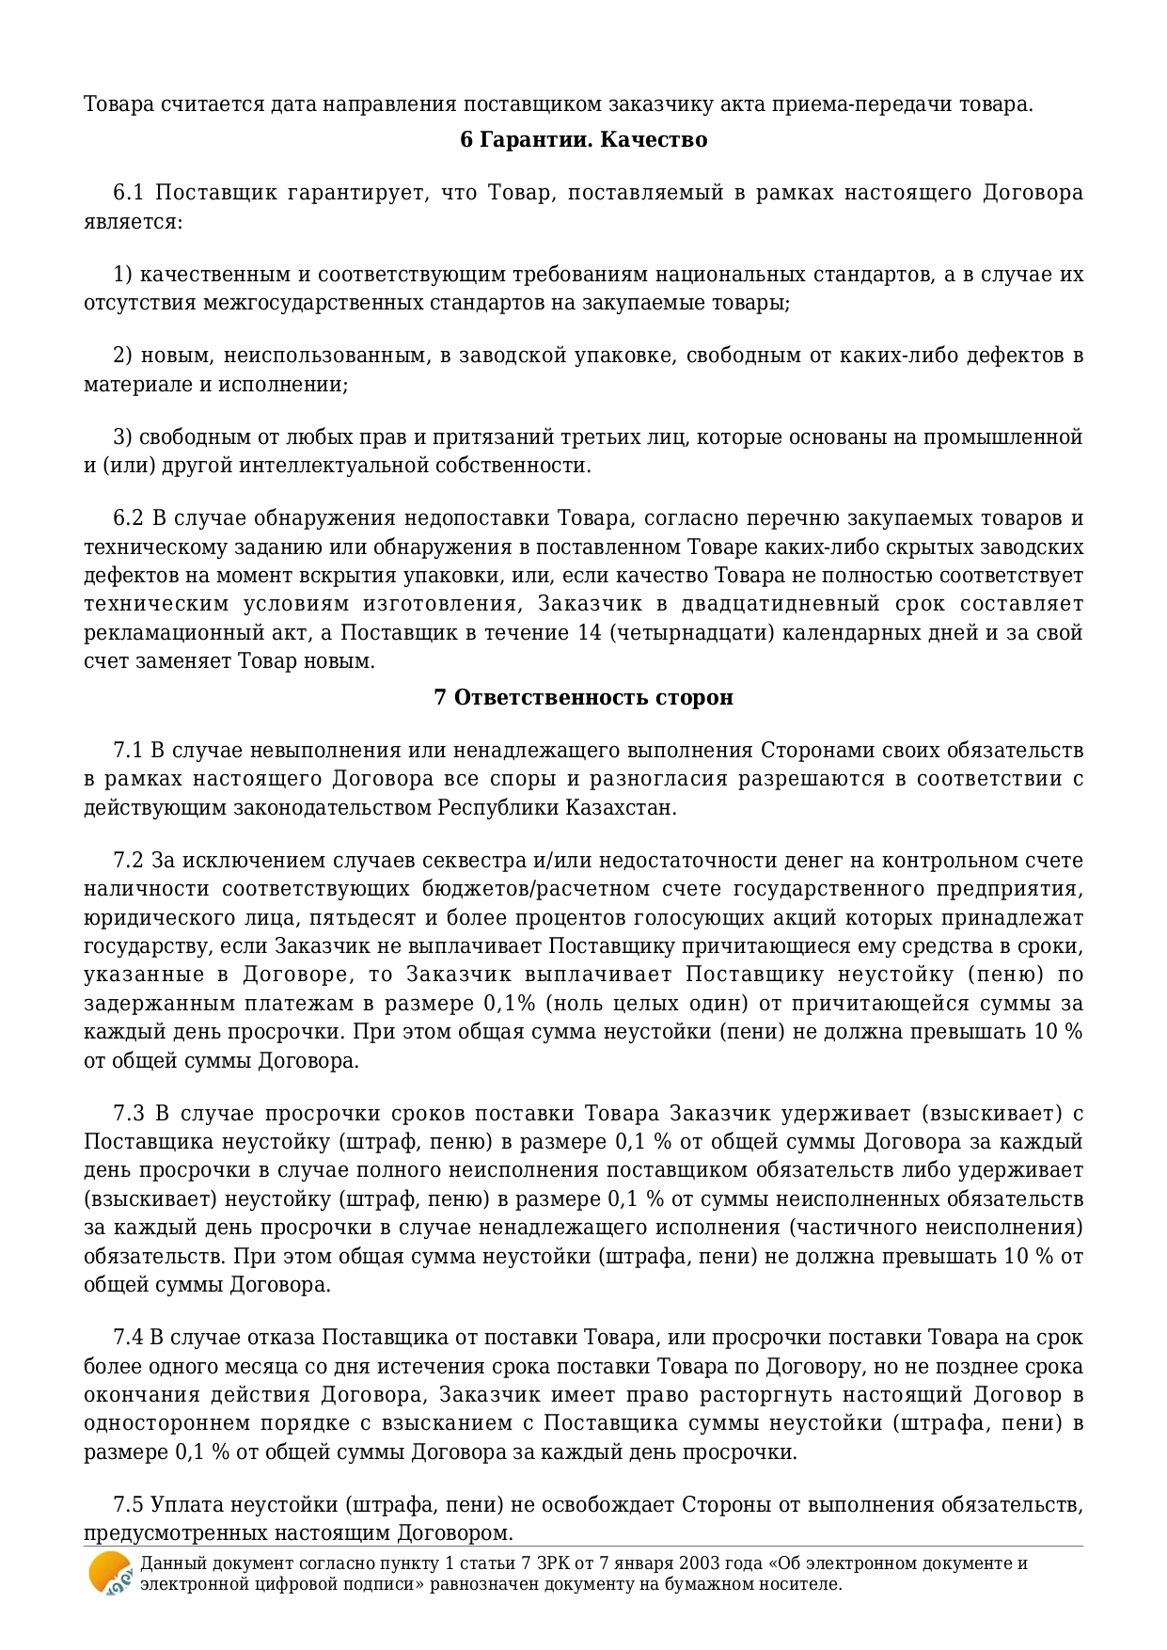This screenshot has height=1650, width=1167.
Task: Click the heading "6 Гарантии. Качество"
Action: [583, 140]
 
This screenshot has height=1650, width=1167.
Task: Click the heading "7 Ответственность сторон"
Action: [583, 697]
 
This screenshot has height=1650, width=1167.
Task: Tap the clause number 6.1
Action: [128, 193]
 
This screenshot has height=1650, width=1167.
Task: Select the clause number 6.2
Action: [128, 518]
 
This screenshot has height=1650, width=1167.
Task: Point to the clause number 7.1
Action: [128, 750]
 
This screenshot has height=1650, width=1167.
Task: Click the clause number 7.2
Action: [128, 860]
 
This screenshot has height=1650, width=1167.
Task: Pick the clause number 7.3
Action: [129, 1114]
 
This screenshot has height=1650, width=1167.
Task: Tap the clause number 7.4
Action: [128, 1338]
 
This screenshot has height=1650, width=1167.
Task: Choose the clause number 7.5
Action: [128, 1504]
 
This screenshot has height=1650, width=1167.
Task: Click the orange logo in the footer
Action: [109, 1574]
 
